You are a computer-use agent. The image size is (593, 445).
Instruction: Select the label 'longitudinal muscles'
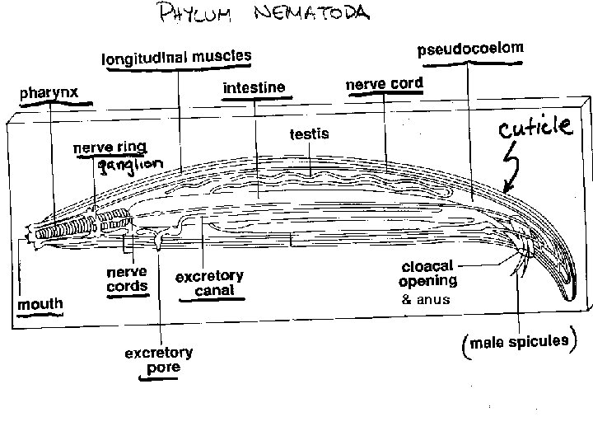tap(175, 58)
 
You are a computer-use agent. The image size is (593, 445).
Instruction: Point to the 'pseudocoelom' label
tap(470, 50)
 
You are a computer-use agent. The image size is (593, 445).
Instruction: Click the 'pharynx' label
tap(49, 92)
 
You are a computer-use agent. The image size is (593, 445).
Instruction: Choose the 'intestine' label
tap(254, 87)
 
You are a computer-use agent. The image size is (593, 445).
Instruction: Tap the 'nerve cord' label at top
tap(384, 84)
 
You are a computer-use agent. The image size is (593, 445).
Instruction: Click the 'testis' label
tap(309, 133)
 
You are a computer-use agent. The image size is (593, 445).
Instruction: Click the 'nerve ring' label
tap(110, 148)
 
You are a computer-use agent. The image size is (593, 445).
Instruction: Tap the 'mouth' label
tap(40, 304)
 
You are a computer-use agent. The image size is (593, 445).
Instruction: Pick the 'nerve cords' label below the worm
tap(127, 279)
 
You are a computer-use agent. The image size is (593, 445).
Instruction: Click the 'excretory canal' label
tap(209, 283)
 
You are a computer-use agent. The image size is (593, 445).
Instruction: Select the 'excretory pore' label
tap(158, 360)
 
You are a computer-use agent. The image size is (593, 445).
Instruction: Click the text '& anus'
tap(426, 299)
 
